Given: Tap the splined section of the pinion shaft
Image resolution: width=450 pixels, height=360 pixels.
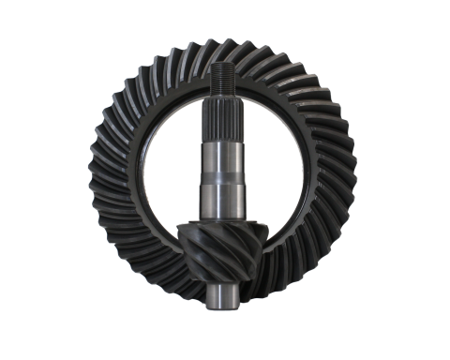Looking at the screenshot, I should (221, 118).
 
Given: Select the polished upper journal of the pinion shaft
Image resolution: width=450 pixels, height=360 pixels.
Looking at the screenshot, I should (221, 155).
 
